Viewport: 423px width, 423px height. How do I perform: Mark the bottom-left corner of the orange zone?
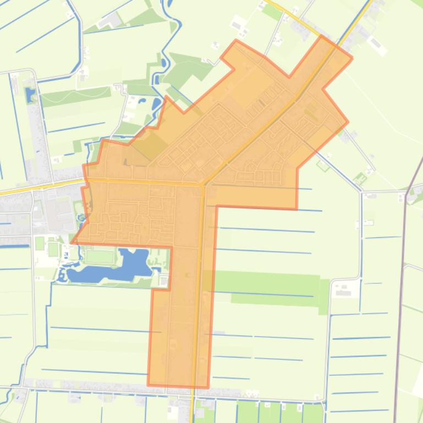tap(149, 384)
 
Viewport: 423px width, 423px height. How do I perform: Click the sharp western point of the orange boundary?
tap(72, 241)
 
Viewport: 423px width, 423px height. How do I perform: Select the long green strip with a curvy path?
tap(77, 97)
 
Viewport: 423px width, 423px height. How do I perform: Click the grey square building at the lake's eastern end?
tap(163, 281)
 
